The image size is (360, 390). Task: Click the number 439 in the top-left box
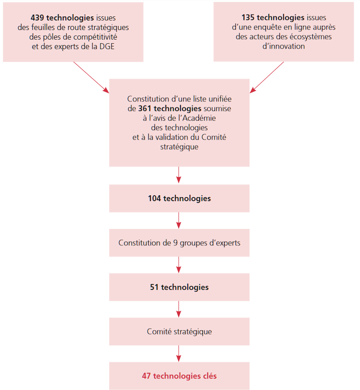(37, 18)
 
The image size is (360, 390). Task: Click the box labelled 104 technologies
(179, 198)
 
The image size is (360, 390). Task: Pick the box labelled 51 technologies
(179, 287)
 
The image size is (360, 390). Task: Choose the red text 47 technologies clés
(179, 376)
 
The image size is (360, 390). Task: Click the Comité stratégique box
(179, 332)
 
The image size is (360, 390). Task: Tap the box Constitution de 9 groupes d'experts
(179, 243)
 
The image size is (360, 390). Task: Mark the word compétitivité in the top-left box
(100, 36)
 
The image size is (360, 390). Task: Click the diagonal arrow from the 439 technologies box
(91, 77)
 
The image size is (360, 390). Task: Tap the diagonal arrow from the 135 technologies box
(267, 77)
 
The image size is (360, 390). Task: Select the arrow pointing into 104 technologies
(179, 175)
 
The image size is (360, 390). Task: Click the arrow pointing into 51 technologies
(179, 264)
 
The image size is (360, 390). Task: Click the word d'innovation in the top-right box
(284, 46)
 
